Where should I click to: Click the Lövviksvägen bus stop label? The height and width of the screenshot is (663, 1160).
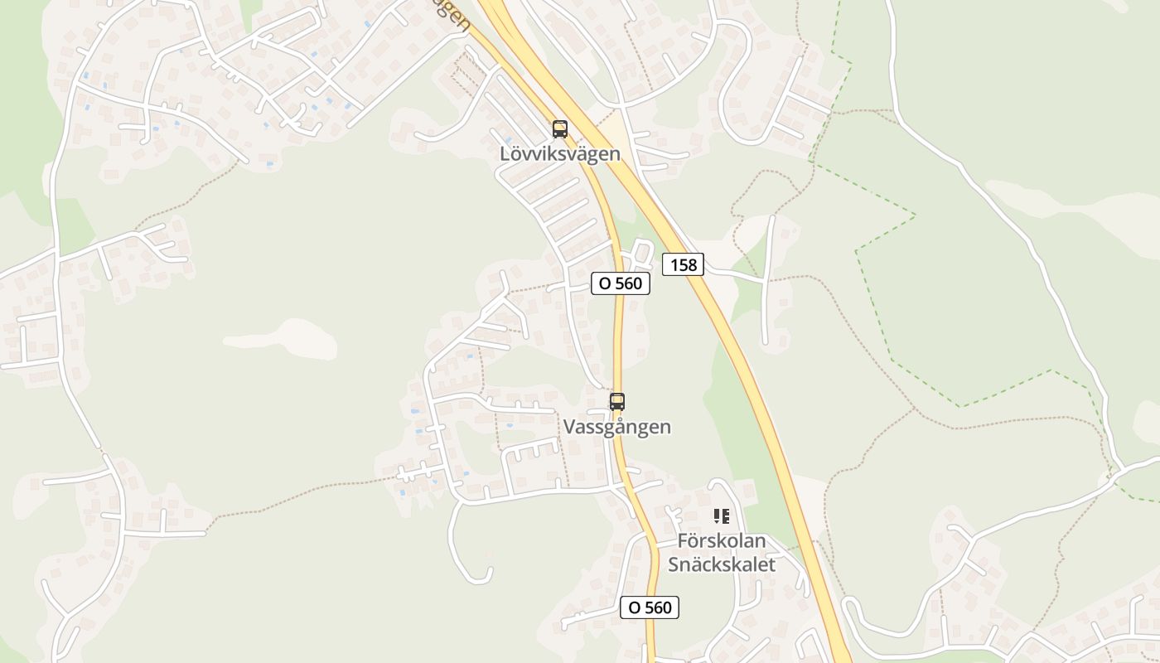pyautogui.click(x=560, y=153)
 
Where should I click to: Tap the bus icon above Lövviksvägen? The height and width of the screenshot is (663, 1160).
pyautogui.click(x=560, y=129)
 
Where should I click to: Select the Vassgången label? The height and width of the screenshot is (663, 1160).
pyautogui.click(x=617, y=427)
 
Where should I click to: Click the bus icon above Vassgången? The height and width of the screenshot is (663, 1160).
pyautogui.click(x=617, y=402)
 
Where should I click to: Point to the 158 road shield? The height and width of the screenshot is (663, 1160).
pyautogui.click(x=684, y=264)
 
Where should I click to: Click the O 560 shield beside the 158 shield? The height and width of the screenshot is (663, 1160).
pyautogui.click(x=621, y=283)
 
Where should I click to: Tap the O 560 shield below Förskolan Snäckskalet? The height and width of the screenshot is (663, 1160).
pyautogui.click(x=650, y=607)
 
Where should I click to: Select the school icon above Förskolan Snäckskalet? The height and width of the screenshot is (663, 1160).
pyautogui.click(x=722, y=516)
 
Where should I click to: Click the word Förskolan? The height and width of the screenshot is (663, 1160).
pyautogui.click(x=722, y=540)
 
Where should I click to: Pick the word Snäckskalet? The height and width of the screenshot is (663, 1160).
pyautogui.click(x=722, y=564)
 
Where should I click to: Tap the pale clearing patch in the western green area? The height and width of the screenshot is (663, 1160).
pyautogui.click(x=282, y=338)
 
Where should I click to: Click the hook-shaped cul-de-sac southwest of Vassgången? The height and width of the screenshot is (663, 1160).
pyautogui.click(x=472, y=572)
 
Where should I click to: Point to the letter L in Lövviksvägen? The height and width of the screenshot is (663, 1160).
pyautogui.click(x=505, y=153)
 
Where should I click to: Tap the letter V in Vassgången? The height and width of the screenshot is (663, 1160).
pyautogui.click(x=569, y=427)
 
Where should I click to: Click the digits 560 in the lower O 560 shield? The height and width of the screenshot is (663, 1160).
pyautogui.click(x=658, y=607)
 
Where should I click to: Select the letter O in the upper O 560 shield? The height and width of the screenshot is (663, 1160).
pyautogui.click(x=605, y=283)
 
